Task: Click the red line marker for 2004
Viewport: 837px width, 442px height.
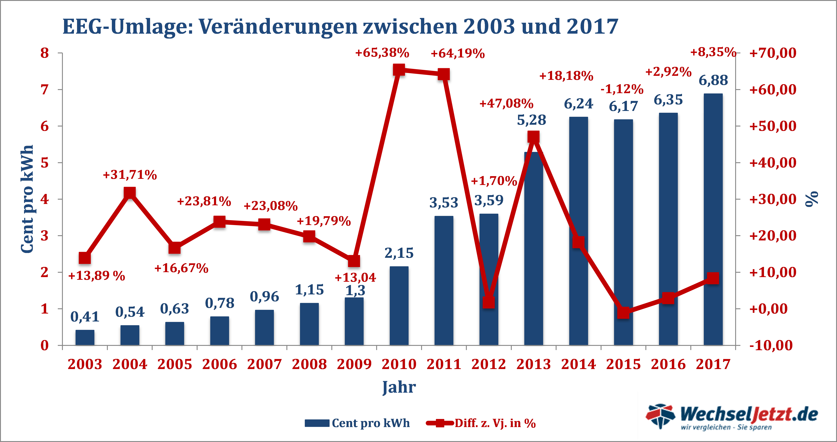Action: pos(130,193)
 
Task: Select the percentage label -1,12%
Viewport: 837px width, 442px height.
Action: pos(622,89)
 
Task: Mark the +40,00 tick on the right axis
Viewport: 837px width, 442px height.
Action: pos(773,163)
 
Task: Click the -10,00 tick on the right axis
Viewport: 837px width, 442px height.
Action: pos(771,345)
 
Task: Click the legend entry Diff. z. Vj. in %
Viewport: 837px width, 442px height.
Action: pos(495,423)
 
